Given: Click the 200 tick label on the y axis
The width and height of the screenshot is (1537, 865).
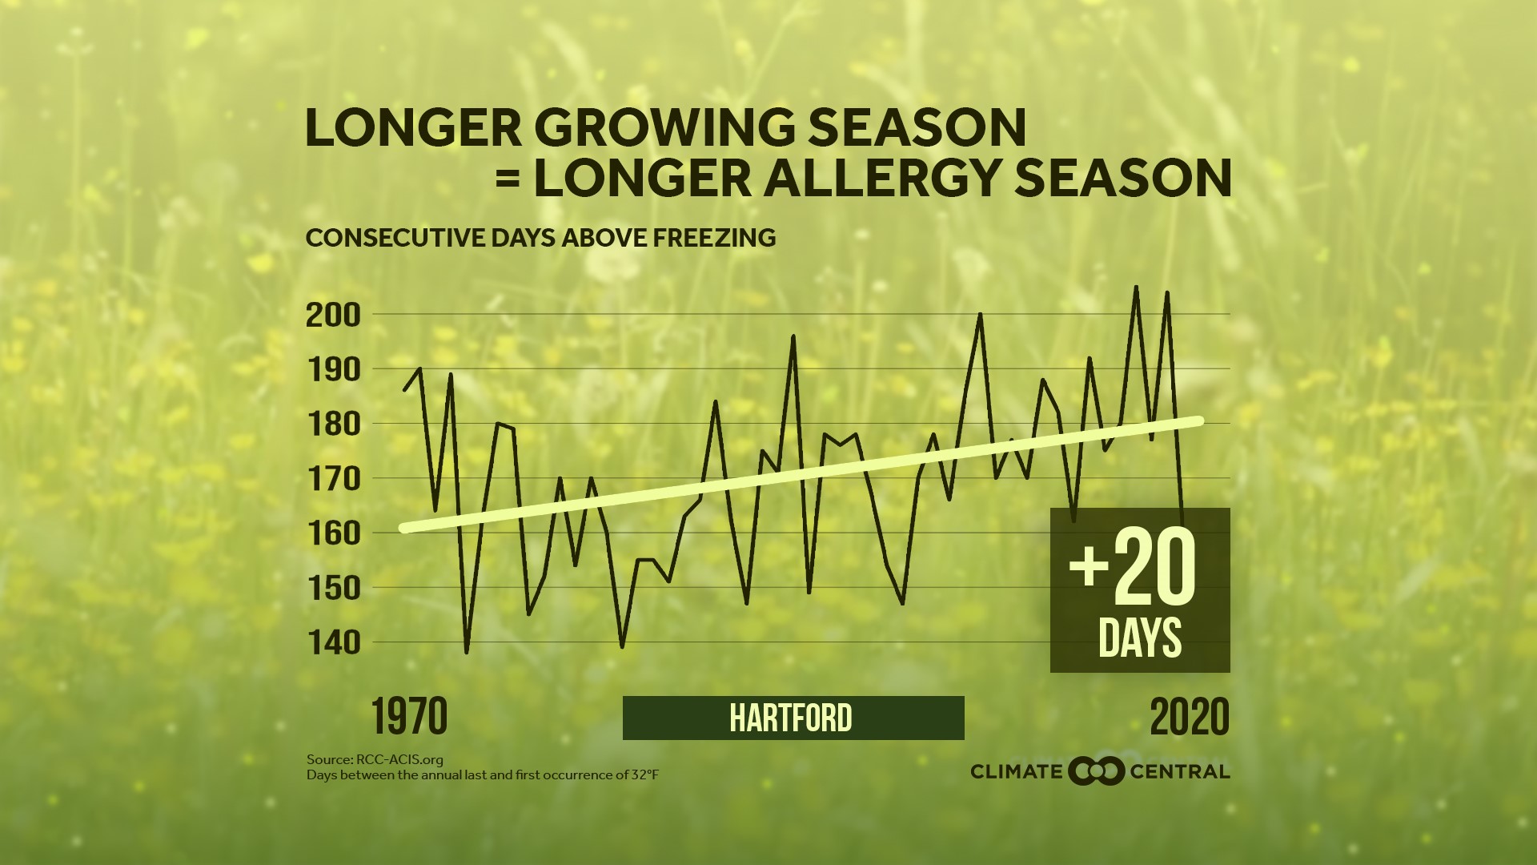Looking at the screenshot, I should pos(333,316).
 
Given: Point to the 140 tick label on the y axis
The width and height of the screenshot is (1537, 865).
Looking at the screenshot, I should pos(333,642).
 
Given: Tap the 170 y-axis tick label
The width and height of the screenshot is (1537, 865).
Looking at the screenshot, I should pos(333,479).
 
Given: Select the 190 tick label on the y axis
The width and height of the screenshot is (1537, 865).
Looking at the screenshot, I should pos(333,370).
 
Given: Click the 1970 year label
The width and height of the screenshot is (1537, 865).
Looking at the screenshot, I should pos(409,717).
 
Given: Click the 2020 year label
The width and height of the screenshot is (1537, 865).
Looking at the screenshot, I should pos(1190,717).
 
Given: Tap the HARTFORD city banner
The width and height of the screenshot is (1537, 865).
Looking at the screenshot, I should pos(793,718).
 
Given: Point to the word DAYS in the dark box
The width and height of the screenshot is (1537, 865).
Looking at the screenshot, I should pos(1140,638).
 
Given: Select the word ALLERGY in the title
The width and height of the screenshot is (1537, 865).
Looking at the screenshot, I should pos(883,178).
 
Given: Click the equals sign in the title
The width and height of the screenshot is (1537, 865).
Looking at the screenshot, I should pos(508,179).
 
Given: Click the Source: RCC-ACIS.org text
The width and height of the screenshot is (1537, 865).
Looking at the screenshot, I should pos(375,759).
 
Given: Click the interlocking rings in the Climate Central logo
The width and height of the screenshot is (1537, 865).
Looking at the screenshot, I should pos(1097,771).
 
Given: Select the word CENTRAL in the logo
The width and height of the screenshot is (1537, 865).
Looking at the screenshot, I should pos(1179,772).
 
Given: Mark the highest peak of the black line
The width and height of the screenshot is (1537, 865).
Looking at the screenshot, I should pos(1136,287).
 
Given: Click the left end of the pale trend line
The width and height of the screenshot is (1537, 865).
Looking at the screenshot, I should pos(403,529).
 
